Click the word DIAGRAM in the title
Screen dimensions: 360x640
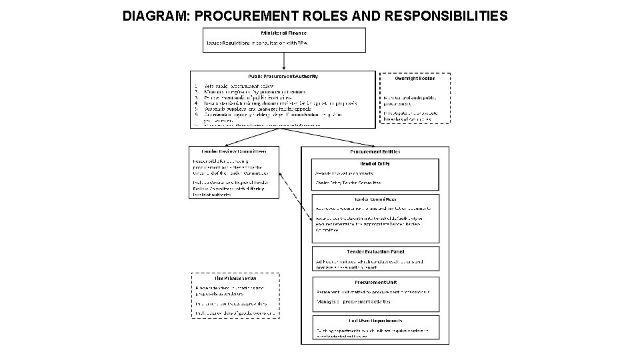tap(155, 15)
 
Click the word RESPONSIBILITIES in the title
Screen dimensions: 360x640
tap(445, 15)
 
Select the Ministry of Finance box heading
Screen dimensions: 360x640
tap(284, 32)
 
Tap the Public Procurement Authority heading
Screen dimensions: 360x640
tap(283, 76)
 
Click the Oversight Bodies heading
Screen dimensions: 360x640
tap(414, 78)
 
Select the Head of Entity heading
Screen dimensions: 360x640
tap(375, 163)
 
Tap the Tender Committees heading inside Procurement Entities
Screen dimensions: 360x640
tap(375, 199)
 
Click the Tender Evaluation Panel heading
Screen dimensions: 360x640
tap(375, 251)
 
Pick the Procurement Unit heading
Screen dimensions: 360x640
tap(375, 282)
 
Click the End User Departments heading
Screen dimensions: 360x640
tap(375, 321)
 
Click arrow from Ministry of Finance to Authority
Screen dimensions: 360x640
tap(285, 61)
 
